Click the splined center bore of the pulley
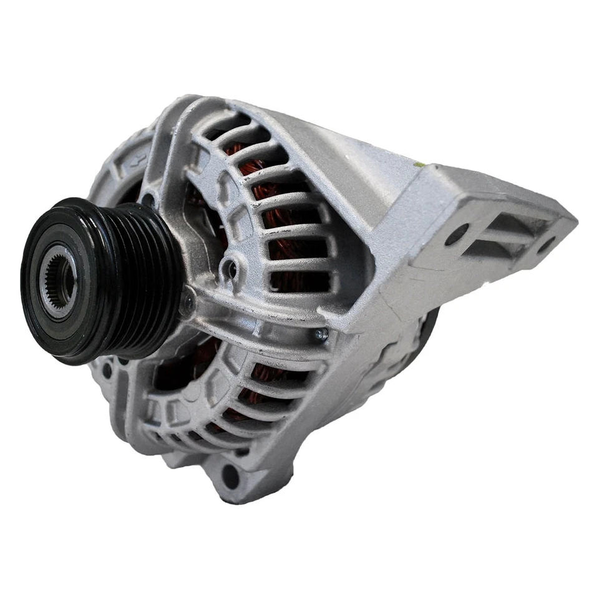click(62, 280)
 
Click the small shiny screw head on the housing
click(321, 335)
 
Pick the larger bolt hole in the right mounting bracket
click(457, 235)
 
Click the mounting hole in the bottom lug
click(230, 477)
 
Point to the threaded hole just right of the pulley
click(231, 269)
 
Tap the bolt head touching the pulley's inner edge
click(187, 306)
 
